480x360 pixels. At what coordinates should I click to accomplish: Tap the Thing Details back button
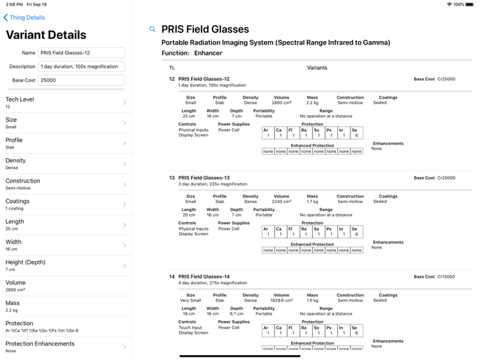click(25, 18)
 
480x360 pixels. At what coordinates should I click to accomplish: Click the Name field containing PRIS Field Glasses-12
click(81, 53)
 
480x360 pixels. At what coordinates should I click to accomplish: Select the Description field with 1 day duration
click(81, 67)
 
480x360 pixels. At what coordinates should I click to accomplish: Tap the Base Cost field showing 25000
click(81, 80)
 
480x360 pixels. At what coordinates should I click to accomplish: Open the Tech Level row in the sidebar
click(66, 103)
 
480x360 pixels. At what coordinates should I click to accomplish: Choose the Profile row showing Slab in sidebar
click(66, 143)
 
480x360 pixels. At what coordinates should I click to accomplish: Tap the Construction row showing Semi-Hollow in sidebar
click(66, 184)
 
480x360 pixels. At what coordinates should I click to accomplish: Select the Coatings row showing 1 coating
click(66, 204)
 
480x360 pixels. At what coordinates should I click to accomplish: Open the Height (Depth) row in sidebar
click(66, 265)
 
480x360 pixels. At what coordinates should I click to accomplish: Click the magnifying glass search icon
click(152, 29)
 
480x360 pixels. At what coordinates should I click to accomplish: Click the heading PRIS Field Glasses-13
click(204, 178)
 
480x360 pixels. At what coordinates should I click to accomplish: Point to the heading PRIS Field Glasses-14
click(204, 276)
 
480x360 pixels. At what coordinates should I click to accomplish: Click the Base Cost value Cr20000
click(446, 178)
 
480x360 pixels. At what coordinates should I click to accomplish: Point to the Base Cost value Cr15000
click(446, 276)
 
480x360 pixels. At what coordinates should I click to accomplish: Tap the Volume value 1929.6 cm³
click(281, 300)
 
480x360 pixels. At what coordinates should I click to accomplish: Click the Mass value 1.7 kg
click(312, 202)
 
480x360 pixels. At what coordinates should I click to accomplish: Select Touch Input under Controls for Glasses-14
click(191, 328)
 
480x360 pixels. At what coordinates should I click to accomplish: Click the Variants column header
click(317, 68)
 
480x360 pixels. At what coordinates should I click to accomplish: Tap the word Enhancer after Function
click(208, 53)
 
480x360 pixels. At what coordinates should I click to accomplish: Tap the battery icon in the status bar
click(470, 4)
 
